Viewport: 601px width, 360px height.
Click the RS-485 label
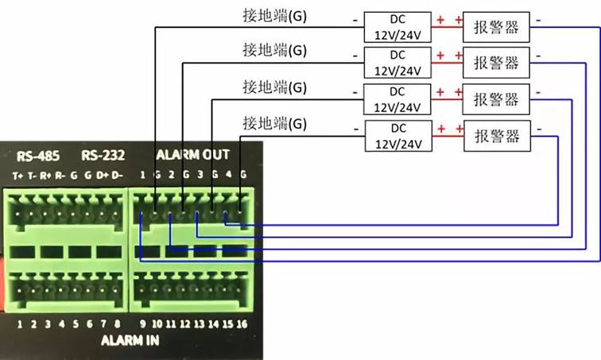click(36, 154)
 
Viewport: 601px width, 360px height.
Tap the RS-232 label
click(99, 154)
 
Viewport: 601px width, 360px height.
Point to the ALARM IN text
click(130, 340)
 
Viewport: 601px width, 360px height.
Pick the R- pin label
click(60, 175)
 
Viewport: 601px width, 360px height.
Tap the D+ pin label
click(102, 175)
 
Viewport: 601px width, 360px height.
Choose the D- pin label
click(117, 175)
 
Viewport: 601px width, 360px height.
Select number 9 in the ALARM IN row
click(143, 324)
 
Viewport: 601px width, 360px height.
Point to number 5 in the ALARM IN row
click(76, 324)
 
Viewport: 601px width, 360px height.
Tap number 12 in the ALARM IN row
click(184, 324)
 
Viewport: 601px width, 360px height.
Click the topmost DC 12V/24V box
click(397, 26)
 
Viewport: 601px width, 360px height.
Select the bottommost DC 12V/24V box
click(397, 136)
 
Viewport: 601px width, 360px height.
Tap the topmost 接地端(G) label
click(274, 16)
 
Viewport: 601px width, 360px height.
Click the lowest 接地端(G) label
click(274, 123)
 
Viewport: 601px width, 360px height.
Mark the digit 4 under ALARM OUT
click(229, 175)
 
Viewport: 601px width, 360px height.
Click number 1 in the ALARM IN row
click(19, 324)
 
